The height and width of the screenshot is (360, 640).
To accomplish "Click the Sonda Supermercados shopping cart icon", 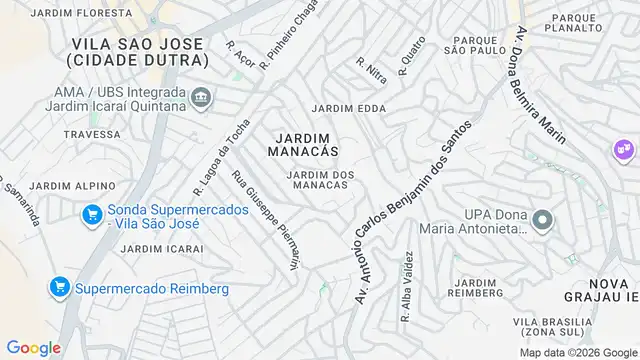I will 91,214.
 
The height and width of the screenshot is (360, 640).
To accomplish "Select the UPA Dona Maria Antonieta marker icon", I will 542,220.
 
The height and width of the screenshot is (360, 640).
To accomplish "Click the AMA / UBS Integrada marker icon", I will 201,98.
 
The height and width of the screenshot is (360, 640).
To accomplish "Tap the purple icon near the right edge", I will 625,150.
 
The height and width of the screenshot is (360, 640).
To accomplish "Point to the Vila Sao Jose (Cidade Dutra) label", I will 137,52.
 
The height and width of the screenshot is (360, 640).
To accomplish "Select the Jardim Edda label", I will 348,108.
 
